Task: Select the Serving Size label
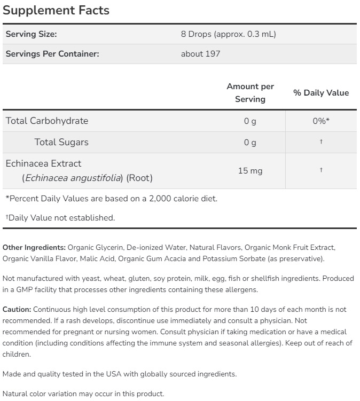pyautogui.click(x=31, y=34)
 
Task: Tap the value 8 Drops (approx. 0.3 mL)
pyautogui.click(x=228, y=34)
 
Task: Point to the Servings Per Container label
pyautogui.click(x=52, y=53)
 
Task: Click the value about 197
pyautogui.click(x=200, y=53)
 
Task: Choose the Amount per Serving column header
pyautogui.click(x=250, y=92)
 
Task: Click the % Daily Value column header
pyautogui.click(x=320, y=92)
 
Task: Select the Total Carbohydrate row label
pyautogui.click(x=47, y=121)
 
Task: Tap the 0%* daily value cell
pyautogui.click(x=320, y=121)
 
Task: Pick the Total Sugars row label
pyautogui.click(x=61, y=142)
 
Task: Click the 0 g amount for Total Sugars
pyautogui.click(x=250, y=142)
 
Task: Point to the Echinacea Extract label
pyautogui.click(x=43, y=163)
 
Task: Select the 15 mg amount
pyautogui.click(x=250, y=171)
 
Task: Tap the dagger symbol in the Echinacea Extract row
pyautogui.click(x=320, y=170)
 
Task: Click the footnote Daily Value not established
pyautogui.click(x=61, y=217)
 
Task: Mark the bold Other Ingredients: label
pyautogui.click(x=34, y=248)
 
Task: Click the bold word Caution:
pyautogui.click(x=17, y=309)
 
